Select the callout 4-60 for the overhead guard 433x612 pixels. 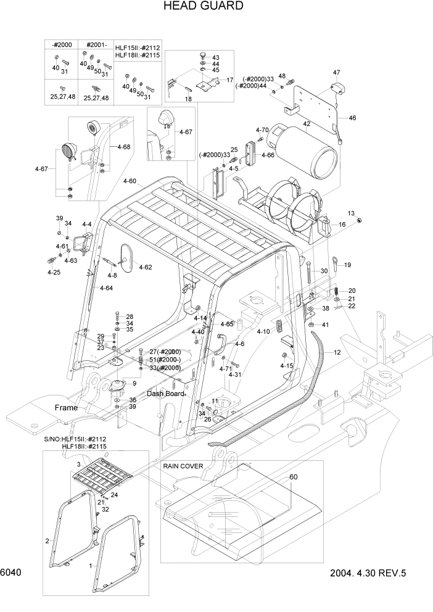(x=130, y=181)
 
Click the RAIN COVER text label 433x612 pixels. (x=183, y=466)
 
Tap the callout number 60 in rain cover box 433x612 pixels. (x=293, y=476)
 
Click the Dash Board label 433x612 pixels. (x=166, y=394)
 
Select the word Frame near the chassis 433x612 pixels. (x=66, y=408)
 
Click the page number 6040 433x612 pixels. (x=11, y=573)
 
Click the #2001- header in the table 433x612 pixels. (x=96, y=45)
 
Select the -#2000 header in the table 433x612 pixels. (x=62, y=45)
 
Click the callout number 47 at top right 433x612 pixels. (x=337, y=72)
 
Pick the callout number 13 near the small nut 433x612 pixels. (x=351, y=213)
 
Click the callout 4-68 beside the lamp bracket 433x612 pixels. (x=123, y=147)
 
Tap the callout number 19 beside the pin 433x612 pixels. (x=347, y=265)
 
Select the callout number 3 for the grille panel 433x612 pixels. (x=78, y=464)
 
